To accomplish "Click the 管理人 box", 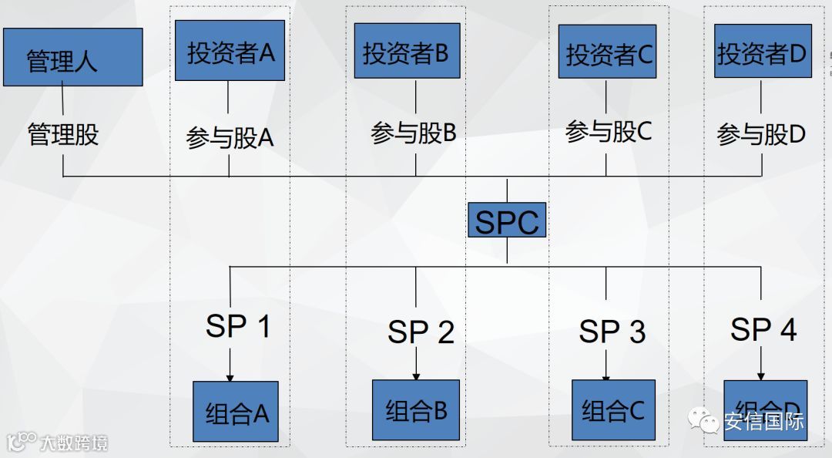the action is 72,58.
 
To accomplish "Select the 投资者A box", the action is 230,51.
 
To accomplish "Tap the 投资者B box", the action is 406,52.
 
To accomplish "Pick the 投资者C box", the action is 607,52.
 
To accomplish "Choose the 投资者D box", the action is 762,51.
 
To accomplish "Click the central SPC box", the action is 507,222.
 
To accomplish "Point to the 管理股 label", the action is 63,135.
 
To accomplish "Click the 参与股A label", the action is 230,137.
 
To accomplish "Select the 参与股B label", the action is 414,133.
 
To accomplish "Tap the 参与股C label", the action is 609,132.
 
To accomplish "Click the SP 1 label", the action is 238,327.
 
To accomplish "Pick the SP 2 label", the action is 421,332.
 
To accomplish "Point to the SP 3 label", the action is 612,332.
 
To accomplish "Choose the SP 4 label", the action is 763,329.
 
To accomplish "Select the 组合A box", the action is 235,412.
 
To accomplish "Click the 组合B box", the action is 416,409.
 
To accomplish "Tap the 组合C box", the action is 612,410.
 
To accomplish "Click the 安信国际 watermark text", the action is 763,422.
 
